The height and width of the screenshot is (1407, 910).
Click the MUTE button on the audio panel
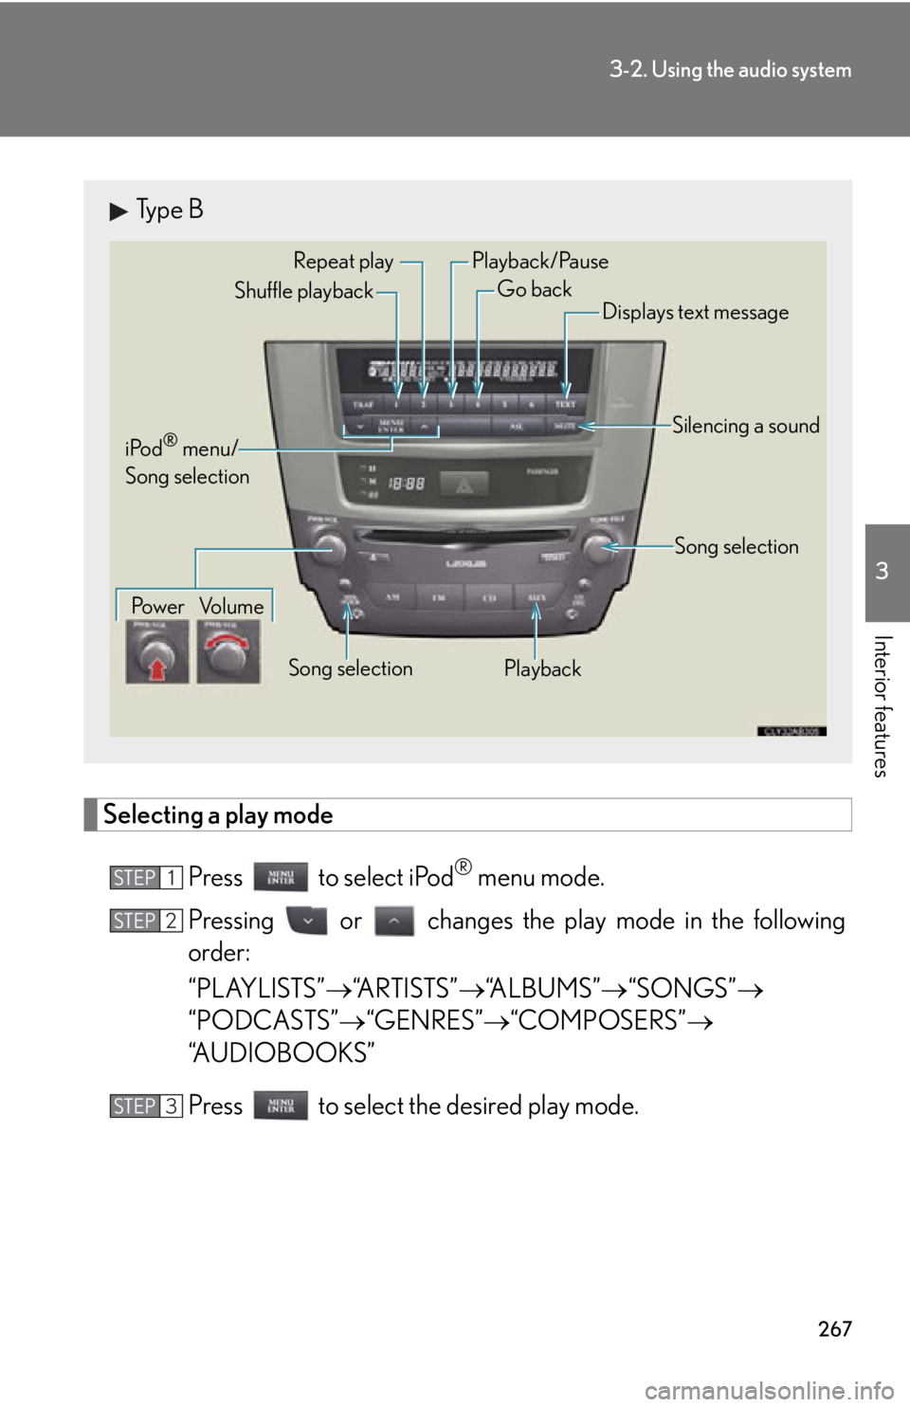click(565, 427)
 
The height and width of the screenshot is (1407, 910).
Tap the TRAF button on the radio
click(364, 405)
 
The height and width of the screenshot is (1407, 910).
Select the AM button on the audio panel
click(391, 597)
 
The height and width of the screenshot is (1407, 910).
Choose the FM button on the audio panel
click(440, 597)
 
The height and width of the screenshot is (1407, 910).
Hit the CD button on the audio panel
click(489, 597)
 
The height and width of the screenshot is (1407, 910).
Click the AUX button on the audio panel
click(537, 597)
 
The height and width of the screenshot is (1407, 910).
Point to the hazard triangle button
click(464, 484)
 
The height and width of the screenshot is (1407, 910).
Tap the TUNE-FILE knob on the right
click(600, 546)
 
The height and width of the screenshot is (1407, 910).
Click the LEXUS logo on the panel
click(465, 563)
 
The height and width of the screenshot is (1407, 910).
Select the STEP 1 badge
click(146, 878)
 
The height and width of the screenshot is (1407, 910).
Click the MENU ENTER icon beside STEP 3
click(281, 1105)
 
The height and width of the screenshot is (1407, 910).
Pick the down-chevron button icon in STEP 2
click(307, 921)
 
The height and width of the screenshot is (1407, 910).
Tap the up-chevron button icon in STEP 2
click(394, 921)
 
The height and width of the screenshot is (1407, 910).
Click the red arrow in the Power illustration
click(158, 670)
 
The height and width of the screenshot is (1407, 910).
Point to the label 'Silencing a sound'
click(746, 426)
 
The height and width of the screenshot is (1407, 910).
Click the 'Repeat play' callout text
click(343, 262)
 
